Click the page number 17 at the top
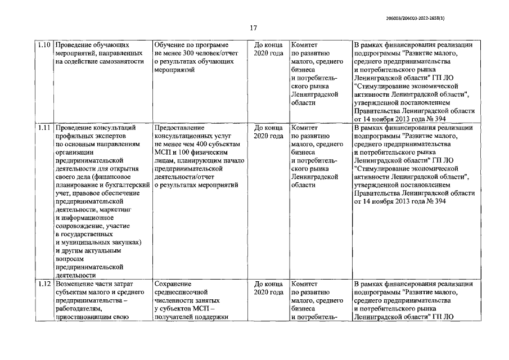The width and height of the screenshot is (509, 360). [254, 28]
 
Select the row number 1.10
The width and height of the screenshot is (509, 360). [44, 44]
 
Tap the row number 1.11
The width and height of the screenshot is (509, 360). [44, 127]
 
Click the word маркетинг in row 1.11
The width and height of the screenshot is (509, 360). [116, 209]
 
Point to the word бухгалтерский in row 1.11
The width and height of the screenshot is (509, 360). [128, 184]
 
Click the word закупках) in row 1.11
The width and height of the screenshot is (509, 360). [121, 242]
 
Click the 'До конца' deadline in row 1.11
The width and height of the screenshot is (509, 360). [268, 127]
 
